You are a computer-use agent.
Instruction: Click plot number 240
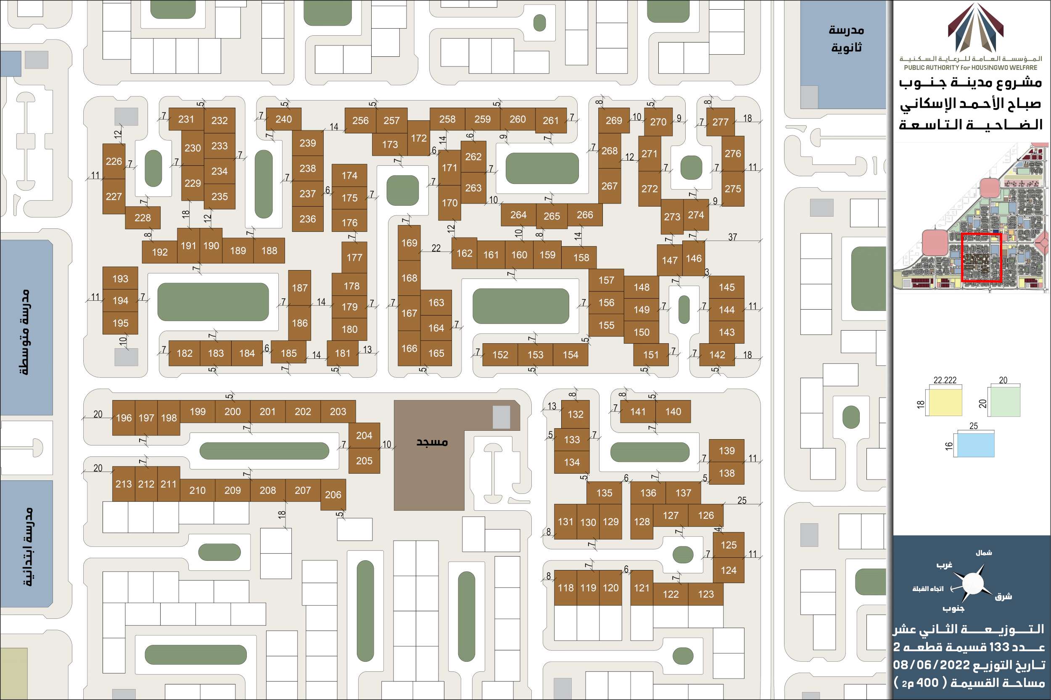coord(284,119)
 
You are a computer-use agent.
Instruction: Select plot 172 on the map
coord(418,138)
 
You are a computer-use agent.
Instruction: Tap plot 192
coord(160,252)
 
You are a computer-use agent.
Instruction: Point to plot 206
coord(333,495)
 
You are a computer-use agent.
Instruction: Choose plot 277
coord(721,122)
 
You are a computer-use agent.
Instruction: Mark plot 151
coord(651,355)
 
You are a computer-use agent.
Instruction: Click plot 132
coord(576,414)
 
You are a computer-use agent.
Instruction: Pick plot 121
coord(642,588)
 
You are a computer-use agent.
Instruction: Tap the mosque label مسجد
coord(432,442)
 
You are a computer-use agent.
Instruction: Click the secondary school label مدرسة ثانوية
coord(846,38)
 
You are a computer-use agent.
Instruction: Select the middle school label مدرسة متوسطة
coord(25,331)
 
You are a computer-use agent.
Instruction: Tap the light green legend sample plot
coord(1004,402)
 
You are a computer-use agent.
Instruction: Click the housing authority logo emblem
coord(976,28)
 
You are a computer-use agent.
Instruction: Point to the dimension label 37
coord(732,237)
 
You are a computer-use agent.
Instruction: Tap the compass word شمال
coord(984,553)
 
